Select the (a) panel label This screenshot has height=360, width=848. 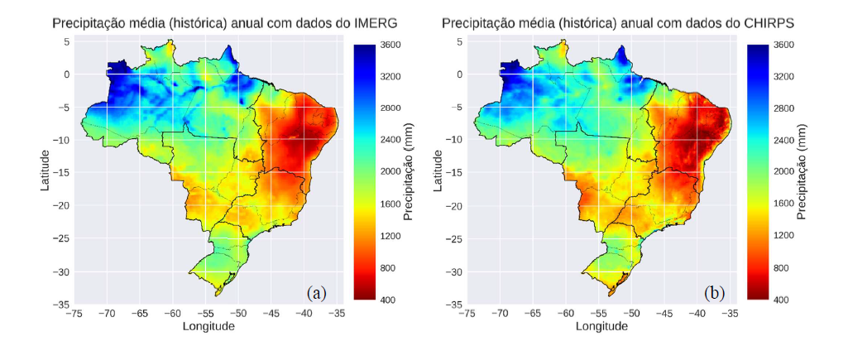click(x=317, y=292)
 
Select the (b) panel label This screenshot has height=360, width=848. click(x=713, y=292)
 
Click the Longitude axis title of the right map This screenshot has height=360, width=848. click(x=601, y=326)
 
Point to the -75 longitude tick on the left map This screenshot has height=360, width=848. click(x=74, y=314)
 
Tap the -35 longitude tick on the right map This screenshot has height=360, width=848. click(x=731, y=314)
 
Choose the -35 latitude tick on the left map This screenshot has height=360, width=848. click(x=62, y=305)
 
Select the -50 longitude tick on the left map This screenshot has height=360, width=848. click(x=238, y=314)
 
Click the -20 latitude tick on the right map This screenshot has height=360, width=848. click(x=455, y=206)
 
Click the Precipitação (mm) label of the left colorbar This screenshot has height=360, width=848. click(x=409, y=172)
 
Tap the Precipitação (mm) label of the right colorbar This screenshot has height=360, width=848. click(x=802, y=172)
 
